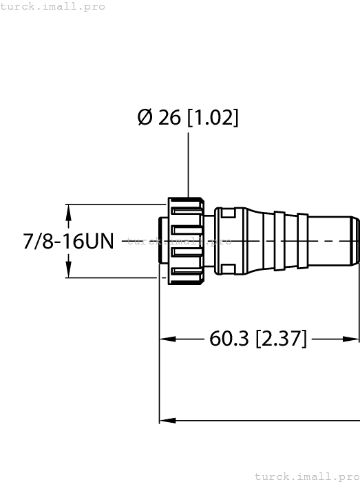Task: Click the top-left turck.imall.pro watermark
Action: click(53, 6)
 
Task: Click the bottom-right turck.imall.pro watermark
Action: click(307, 476)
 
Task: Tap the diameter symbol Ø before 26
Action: click(145, 118)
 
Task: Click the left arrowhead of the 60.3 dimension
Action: click(166, 339)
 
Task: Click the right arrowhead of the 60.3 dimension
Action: click(354, 339)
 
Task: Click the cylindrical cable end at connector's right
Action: click(332, 241)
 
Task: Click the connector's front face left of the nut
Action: click(163, 241)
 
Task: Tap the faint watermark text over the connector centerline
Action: click(179, 242)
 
